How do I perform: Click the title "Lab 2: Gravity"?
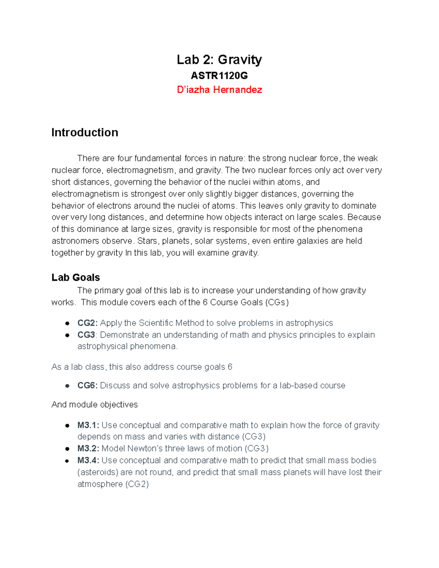[x=219, y=60]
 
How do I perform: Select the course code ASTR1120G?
[x=219, y=76]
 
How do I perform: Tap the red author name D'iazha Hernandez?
[x=219, y=90]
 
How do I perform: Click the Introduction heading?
[x=85, y=132]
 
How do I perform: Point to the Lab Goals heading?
[x=76, y=278]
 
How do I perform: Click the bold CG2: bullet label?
[x=87, y=323]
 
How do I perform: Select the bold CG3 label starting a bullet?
[x=86, y=335]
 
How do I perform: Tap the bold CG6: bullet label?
[x=87, y=385]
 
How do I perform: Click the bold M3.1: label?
[x=88, y=425]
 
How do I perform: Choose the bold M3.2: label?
[x=88, y=448]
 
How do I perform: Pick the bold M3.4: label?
[x=88, y=460]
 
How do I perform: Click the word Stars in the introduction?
[x=147, y=241]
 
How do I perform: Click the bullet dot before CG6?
[x=67, y=385]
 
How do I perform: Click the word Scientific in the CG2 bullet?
[x=156, y=323]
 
